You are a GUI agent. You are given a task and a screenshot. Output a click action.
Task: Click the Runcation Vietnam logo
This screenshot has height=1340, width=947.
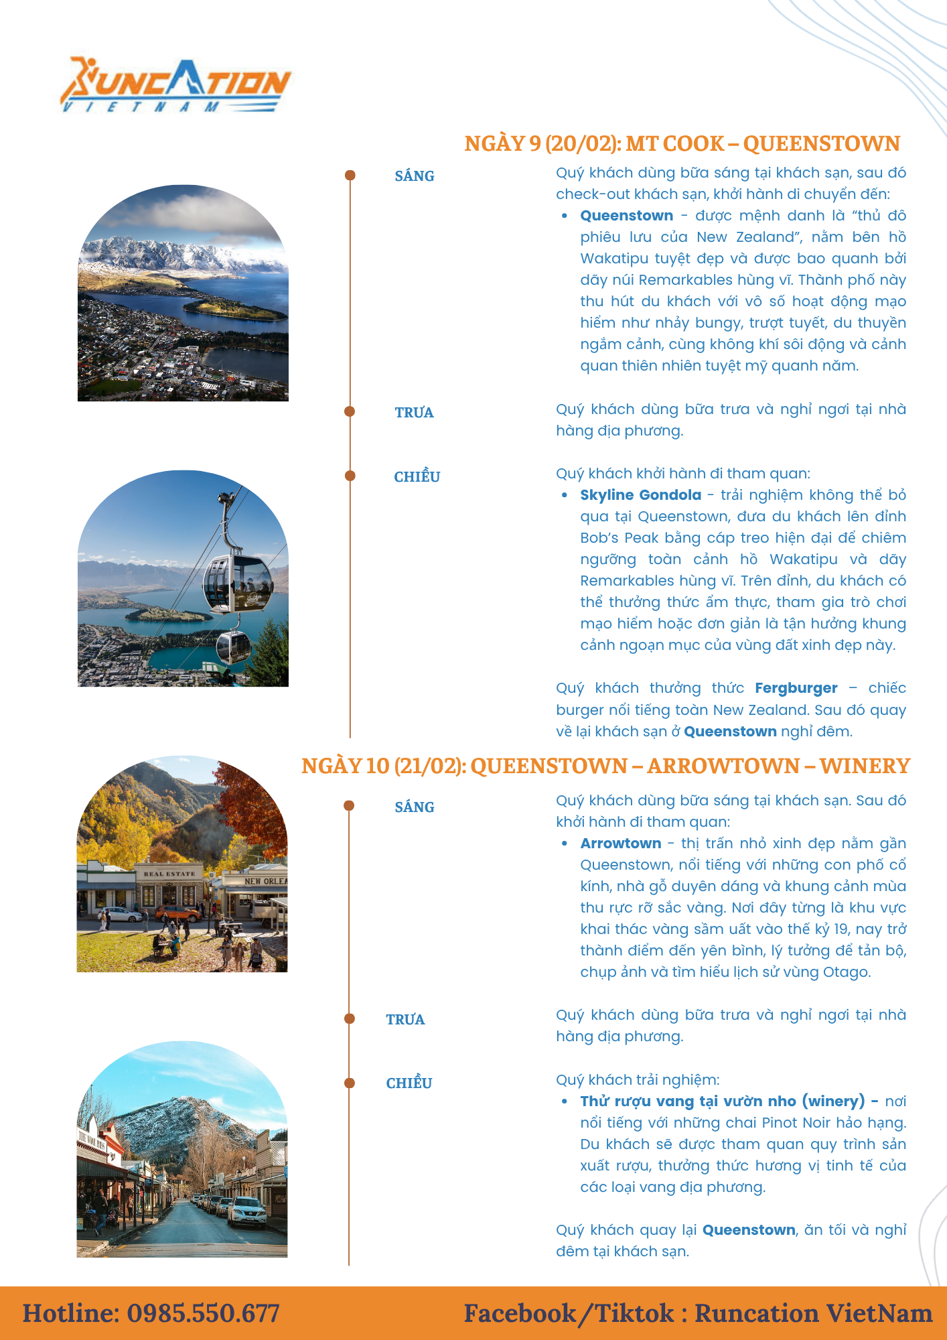pyautogui.click(x=175, y=86)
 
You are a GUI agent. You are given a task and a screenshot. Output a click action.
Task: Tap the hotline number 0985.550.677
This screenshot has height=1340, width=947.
pyautogui.click(x=203, y=1313)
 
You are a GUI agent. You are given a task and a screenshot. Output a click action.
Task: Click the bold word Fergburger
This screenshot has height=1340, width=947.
pyautogui.click(x=796, y=688)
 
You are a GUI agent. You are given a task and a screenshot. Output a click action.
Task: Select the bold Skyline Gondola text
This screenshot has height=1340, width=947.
pyautogui.click(x=640, y=495)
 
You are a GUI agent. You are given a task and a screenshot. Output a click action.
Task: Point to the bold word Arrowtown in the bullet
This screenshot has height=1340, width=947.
pyautogui.click(x=620, y=844)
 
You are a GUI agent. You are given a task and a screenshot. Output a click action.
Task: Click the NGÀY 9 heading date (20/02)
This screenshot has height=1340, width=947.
pyautogui.click(x=580, y=144)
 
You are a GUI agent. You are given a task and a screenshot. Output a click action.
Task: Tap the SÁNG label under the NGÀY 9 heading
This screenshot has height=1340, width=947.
pyautogui.click(x=414, y=176)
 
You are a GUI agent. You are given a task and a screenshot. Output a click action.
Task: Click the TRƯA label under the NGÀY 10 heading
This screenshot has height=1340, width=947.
pyautogui.click(x=405, y=1020)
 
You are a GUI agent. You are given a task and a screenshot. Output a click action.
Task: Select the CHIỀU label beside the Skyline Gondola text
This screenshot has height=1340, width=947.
pyautogui.click(x=417, y=477)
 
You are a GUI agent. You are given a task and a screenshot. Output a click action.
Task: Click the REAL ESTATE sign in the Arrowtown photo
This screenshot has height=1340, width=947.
pyautogui.click(x=169, y=874)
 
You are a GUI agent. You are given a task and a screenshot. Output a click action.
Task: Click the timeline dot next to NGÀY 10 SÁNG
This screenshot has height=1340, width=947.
pyautogui.click(x=349, y=805)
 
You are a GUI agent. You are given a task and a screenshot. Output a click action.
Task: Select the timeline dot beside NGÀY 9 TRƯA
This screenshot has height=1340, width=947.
pyautogui.click(x=350, y=411)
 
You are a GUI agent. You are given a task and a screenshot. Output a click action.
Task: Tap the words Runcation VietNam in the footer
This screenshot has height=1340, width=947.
pyautogui.click(x=813, y=1313)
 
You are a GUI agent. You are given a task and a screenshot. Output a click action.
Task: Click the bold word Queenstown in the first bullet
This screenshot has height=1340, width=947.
pyautogui.click(x=626, y=216)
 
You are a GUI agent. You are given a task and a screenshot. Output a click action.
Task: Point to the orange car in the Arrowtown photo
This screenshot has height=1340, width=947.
pyautogui.click(x=177, y=912)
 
